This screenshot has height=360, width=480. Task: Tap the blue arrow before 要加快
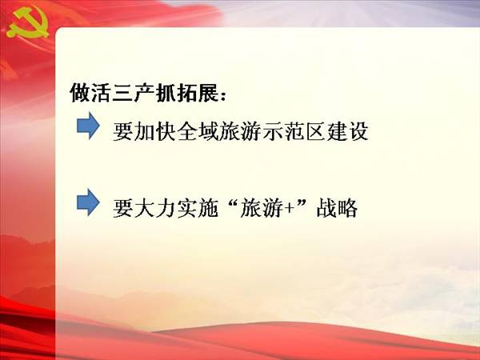88,126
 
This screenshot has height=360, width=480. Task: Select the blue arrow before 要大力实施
88,202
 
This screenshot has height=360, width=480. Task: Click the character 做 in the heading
80,93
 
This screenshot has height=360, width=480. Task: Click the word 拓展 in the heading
198,93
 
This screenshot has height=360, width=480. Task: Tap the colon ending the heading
223,95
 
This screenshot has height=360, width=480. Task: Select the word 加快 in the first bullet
155,132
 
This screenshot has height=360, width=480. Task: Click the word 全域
198,132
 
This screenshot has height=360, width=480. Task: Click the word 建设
347,132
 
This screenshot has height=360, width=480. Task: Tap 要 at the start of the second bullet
123,208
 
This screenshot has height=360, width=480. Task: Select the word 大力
155,208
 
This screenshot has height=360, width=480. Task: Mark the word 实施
198,208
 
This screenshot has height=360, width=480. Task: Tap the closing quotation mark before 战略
302,202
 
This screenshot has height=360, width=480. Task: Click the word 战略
337,208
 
